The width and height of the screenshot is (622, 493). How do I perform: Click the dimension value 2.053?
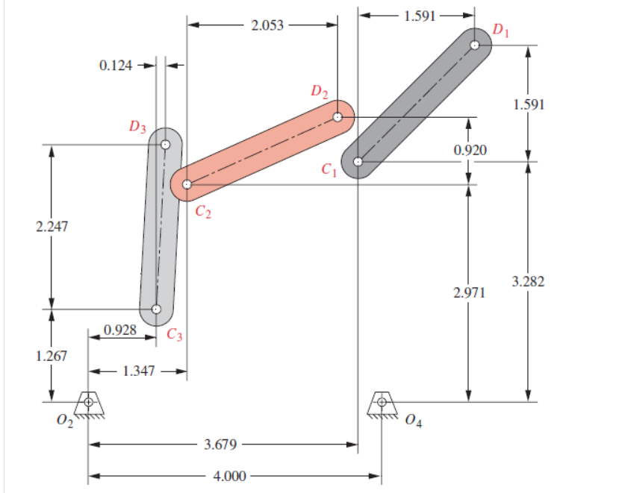point(268,25)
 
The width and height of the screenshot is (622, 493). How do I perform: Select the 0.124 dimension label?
point(115,65)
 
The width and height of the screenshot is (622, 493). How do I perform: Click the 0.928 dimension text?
point(120,329)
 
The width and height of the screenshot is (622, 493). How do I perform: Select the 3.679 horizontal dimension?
point(220,445)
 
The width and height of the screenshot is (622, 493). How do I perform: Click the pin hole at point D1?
point(475,45)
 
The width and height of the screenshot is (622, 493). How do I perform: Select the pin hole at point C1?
point(358,161)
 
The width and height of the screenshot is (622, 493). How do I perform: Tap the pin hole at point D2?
point(338,117)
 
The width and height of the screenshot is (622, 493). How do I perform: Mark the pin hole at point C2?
point(187,184)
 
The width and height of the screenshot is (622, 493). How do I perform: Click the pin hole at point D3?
point(165,145)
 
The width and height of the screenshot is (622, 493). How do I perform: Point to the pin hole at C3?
point(155,309)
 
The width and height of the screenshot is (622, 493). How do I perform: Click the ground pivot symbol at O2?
point(89,403)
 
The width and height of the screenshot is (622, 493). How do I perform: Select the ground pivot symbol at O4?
point(382,403)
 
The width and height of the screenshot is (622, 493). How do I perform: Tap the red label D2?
point(320,92)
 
